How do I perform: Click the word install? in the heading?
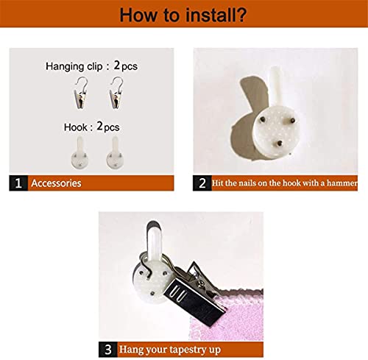coord(216,15)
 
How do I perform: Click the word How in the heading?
coord(139,15)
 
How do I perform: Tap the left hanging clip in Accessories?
coord(81,93)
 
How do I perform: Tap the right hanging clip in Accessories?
coord(116,93)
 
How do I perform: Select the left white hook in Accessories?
coord(79,153)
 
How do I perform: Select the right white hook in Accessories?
coord(115,153)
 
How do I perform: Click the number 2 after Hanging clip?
coord(117,66)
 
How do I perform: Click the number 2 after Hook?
coord(99,126)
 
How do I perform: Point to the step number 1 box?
coord(18,183)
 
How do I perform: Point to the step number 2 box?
coord(202,183)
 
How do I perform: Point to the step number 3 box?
coord(108,349)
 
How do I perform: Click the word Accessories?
coord(56,183)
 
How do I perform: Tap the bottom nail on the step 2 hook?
coord(279,143)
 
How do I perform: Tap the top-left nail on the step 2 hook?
coord(262,119)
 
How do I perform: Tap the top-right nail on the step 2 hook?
coord(292,121)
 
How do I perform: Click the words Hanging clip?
coord(74,66)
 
